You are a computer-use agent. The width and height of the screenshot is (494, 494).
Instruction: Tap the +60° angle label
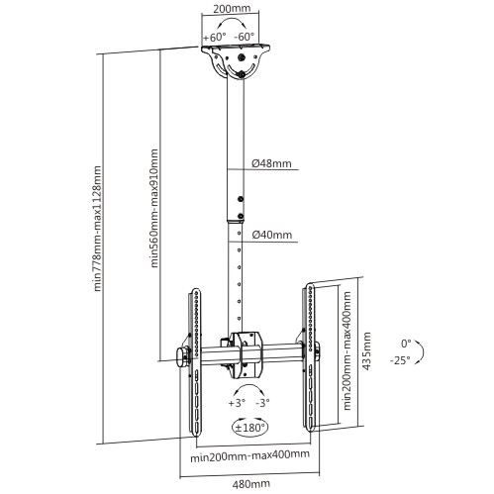(x=215, y=38)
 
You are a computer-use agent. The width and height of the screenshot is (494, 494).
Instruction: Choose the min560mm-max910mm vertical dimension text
(x=155, y=209)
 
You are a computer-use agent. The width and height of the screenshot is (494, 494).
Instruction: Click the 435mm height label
(x=368, y=348)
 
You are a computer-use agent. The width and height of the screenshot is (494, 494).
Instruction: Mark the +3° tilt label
(x=236, y=404)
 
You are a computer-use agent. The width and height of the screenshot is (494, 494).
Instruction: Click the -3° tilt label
(x=261, y=404)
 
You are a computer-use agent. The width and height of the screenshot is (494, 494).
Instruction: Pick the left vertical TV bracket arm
(x=194, y=356)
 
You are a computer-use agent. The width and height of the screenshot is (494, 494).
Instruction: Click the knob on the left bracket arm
(x=181, y=356)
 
